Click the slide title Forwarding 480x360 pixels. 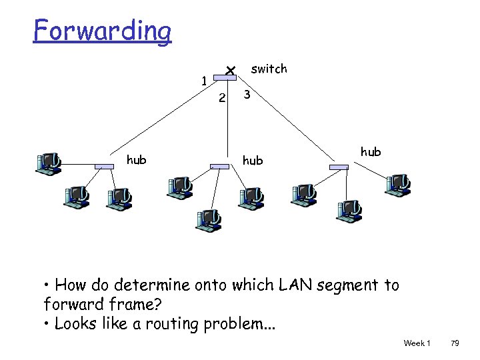tap(103, 31)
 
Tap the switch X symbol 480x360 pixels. tap(229, 70)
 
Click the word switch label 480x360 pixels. tap(269, 69)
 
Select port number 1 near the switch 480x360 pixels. tap(203, 81)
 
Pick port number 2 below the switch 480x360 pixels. tap(223, 99)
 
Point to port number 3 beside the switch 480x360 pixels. tap(247, 95)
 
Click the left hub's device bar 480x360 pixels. tap(105, 166)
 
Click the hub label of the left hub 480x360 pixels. tap(137, 159)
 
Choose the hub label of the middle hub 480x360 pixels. tap(253, 161)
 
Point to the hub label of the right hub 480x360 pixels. tap(371, 152)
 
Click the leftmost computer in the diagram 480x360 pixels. tap(49, 163)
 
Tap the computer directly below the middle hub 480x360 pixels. tap(209, 219)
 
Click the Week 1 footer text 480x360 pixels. tap(417, 343)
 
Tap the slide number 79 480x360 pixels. tap(455, 343)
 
